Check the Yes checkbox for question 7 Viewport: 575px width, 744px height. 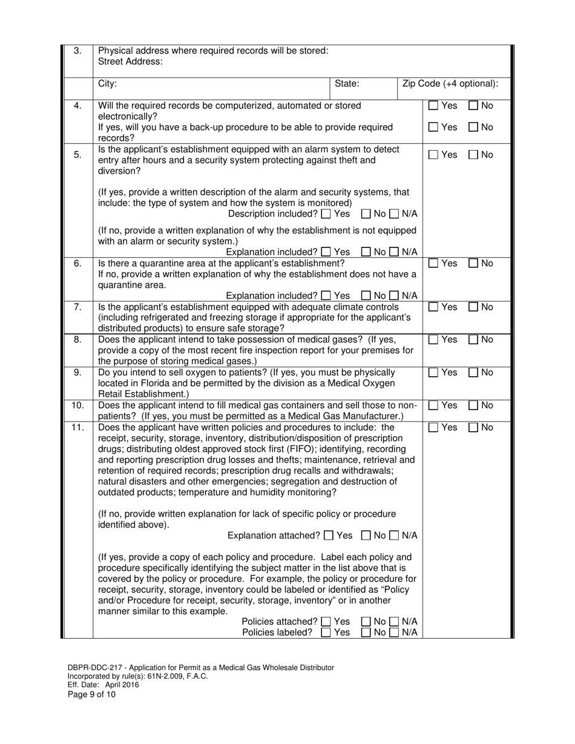pyautogui.click(x=433, y=307)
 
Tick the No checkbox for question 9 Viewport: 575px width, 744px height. pyautogui.click(x=473, y=373)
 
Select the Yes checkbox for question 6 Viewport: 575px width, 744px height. pyautogui.click(x=433, y=264)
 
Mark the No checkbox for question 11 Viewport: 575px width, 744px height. pyautogui.click(x=473, y=428)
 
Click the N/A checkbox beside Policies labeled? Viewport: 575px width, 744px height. pyautogui.click(x=393, y=633)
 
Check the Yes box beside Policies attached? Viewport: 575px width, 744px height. pyautogui.click(x=326, y=621)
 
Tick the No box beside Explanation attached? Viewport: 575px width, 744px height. pyautogui.click(x=366, y=535)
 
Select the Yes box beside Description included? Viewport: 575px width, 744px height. pyautogui.click(x=326, y=214)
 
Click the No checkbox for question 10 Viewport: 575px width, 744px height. pyautogui.click(x=473, y=405)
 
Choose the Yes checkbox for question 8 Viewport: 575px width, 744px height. pyautogui.click(x=433, y=340)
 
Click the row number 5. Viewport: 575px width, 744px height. pyautogui.click(x=77, y=155)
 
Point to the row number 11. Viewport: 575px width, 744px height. pyautogui.click(x=77, y=428)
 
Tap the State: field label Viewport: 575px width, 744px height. pyautogui.click(x=347, y=84)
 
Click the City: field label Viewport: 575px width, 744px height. pyautogui.click(x=108, y=84)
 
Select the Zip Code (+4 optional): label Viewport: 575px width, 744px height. pyautogui.click(x=450, y=84)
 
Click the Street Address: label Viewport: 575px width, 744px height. pyautogui.click(x=130, y=62)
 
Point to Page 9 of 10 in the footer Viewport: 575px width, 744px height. pyautogui.click(x=91, y=694)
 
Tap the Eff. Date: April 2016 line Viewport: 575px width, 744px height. pyautogui.click(x=103, y=685)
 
